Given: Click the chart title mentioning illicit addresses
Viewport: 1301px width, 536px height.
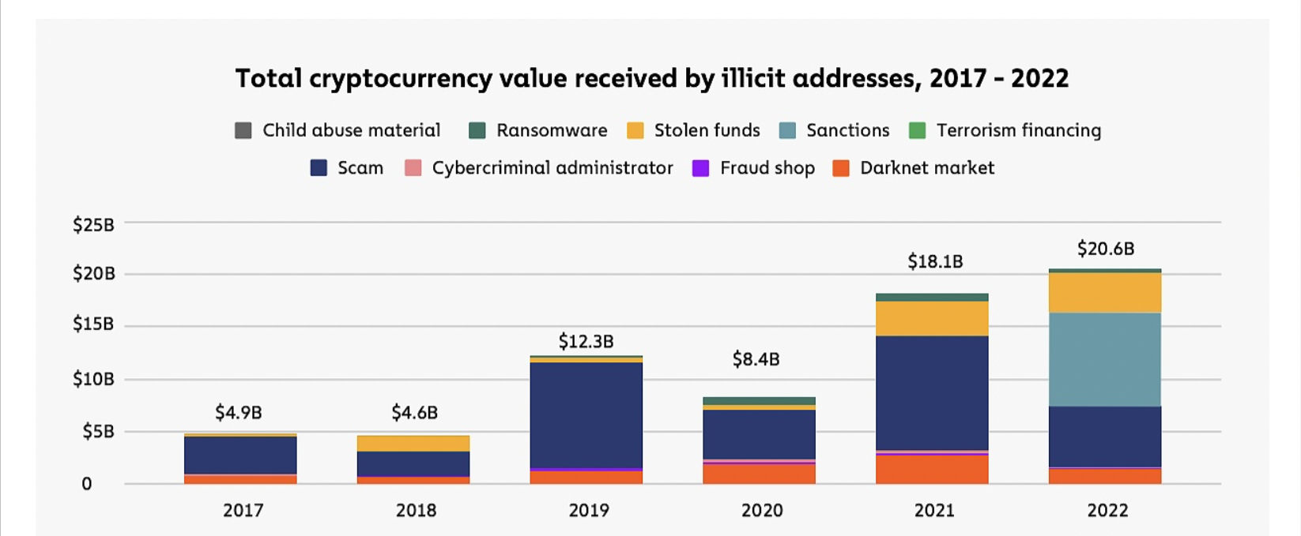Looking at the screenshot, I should point(651,79).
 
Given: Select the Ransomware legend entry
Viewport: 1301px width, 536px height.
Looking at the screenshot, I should point(538,130).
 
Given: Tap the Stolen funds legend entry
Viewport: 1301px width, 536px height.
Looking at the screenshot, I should point(693,130).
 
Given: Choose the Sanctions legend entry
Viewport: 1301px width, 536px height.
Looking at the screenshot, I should point(834,130).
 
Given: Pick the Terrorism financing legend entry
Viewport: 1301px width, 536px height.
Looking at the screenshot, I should point(1005,130).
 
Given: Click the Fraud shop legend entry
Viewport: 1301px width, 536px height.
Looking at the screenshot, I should point(753,168).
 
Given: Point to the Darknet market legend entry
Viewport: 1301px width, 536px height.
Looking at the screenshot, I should point(913,168).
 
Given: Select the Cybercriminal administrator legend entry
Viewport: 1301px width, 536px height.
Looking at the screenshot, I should point(538,168).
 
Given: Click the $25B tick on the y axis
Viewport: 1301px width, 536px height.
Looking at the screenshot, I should point(93,225).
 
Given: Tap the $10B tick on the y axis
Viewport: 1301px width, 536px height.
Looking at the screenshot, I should point(93,379).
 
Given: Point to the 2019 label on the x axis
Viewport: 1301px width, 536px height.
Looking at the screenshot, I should point(589,511).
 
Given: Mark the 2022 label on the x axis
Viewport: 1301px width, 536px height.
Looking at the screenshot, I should point(1107,511).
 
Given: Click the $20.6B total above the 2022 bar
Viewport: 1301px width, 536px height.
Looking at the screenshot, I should point(1105,249).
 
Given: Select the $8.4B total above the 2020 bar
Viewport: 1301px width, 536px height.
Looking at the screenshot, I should point(756,360).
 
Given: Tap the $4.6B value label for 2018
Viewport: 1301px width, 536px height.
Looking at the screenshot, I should point(414,413).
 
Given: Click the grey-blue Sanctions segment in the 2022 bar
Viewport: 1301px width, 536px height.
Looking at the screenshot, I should point(1105,359).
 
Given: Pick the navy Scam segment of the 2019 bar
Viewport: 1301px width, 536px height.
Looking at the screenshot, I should point(586,414).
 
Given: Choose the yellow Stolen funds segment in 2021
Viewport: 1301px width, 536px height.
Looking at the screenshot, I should point(932,318).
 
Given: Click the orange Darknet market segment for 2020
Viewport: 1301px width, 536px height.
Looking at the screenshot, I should point(759,474).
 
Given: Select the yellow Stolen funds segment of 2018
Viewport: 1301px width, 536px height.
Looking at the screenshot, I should point(413,444).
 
